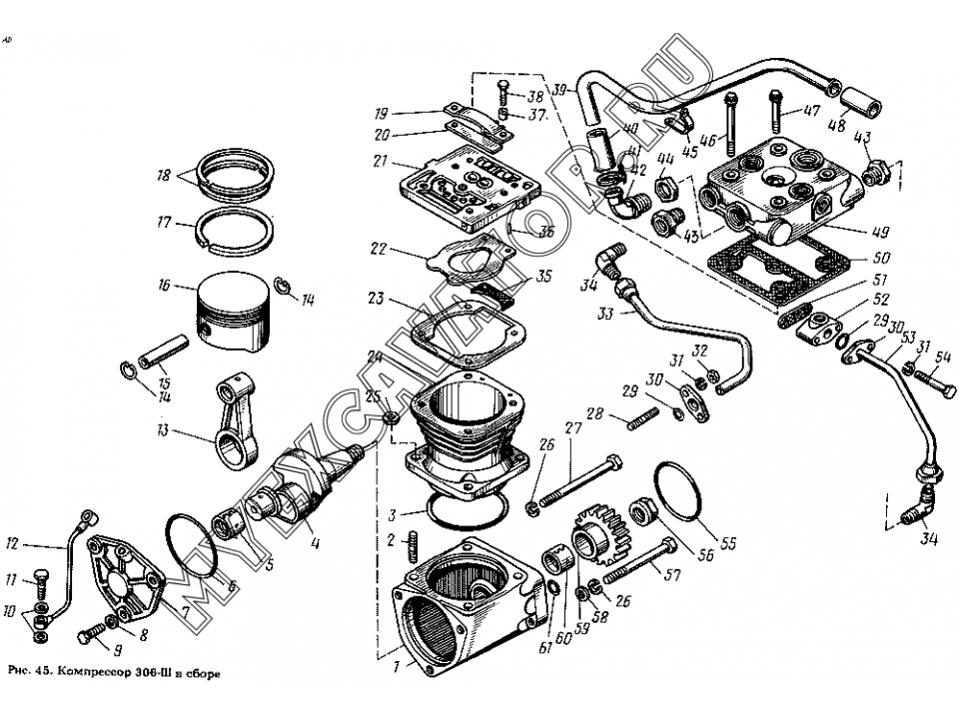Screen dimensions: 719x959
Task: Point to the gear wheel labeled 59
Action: pyautogui.click(x=597, y=543)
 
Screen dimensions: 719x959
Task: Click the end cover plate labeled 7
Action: pyautogui.click(x=124, y=583)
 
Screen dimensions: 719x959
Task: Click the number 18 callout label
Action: pyautogui.click(x=165, y=177)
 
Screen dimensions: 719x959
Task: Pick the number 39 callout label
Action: pyautogui.click(x=558, y=89)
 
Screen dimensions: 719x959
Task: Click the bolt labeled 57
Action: pyautogui.click(x=639, y=565)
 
